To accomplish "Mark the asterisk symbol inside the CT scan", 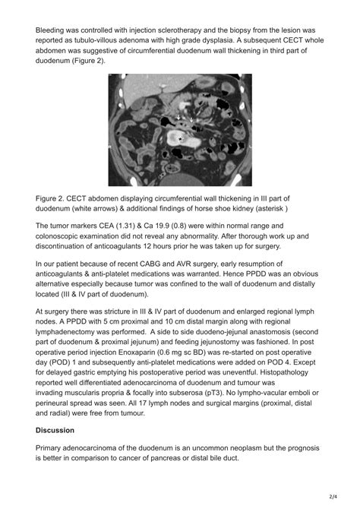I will pos(179,140).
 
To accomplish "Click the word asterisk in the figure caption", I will pos(266,209).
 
